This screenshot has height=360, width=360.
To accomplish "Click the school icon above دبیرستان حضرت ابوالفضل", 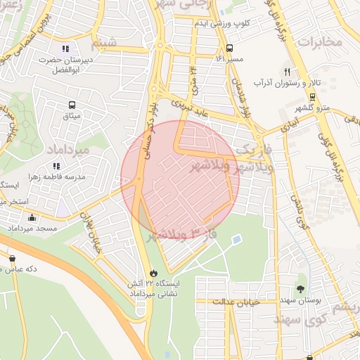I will coord(65,49).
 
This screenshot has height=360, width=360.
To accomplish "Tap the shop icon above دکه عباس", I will coord(12,257).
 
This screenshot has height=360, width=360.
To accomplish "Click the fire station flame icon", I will coord(153,273).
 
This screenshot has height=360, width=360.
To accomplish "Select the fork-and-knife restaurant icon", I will coord(287,72).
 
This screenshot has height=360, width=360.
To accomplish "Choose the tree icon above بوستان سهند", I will coord(301,289).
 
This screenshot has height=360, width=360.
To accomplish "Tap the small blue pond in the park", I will coord(236,240).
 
